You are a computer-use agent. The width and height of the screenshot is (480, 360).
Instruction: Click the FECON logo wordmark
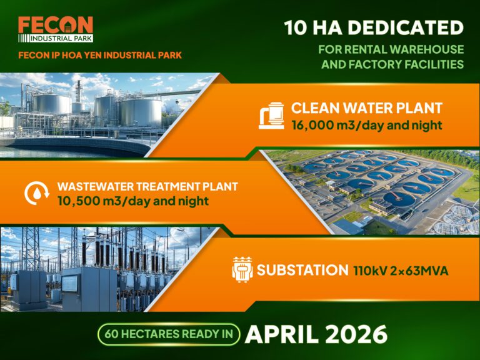click(56, 25)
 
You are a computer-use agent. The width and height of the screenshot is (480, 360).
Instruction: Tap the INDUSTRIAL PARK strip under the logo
click(56, 38)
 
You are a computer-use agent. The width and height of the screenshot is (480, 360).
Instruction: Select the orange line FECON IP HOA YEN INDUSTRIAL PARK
click(100, 55)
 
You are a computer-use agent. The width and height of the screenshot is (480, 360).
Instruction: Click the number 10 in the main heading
click(296, 27)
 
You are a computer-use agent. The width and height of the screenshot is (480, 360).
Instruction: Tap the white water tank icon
click(271, 116)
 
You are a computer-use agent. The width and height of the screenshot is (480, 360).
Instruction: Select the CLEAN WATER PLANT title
click(367, 108)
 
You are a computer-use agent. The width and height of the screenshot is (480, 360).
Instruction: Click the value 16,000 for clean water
click(312, 125)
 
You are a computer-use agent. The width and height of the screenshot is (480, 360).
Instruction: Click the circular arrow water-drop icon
click(37, 193)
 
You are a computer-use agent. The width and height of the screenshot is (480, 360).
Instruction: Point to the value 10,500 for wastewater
click(76, 201)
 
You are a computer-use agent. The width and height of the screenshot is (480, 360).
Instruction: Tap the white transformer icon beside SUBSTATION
click(242, 269)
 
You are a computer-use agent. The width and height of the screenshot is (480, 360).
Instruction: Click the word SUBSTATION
click(302, 270)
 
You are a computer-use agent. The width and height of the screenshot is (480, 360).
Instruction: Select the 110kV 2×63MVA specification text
click(401, 271)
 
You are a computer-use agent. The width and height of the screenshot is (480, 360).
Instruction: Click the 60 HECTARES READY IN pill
click(169, 334)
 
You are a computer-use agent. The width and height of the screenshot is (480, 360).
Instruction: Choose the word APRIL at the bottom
click(282, 334)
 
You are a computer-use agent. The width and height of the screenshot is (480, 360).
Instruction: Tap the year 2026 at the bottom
click(356, 334)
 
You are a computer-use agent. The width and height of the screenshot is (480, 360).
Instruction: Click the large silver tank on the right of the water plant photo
click(141, 112)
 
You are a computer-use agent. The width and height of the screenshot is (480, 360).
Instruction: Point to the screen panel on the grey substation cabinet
click(70, 283)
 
